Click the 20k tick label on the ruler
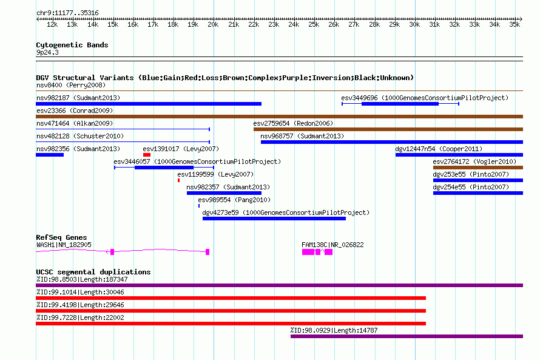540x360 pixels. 213,24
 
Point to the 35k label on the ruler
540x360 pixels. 515,24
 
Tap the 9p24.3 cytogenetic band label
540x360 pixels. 47,52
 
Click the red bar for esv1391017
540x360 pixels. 147,155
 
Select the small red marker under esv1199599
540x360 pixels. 179,180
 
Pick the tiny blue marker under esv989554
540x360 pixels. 199,206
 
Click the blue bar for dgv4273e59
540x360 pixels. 274,219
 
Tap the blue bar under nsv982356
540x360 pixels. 50,155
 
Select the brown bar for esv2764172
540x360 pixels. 478,168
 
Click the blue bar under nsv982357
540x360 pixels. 224,193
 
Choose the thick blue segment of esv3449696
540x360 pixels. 400,104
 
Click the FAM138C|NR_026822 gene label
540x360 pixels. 332,245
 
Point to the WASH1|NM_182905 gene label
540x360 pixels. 64,245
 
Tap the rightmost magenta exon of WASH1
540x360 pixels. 208,252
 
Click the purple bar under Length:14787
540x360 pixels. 407,336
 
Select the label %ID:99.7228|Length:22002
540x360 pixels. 80,318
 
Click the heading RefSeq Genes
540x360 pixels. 61,237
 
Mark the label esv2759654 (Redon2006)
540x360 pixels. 293,123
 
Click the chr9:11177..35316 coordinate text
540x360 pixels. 67,13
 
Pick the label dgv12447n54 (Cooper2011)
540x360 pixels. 439,149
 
